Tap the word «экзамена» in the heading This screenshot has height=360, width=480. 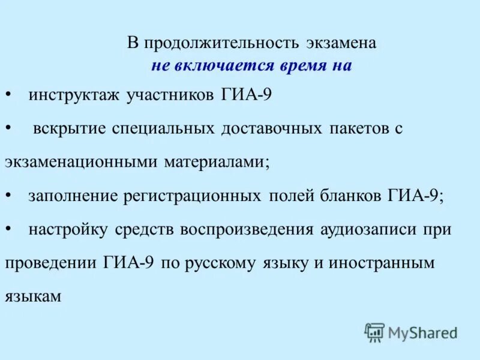tap(341, 44)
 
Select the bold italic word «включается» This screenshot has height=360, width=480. tap(224, 66)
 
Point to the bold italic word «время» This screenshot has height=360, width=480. tap(298, 66)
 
